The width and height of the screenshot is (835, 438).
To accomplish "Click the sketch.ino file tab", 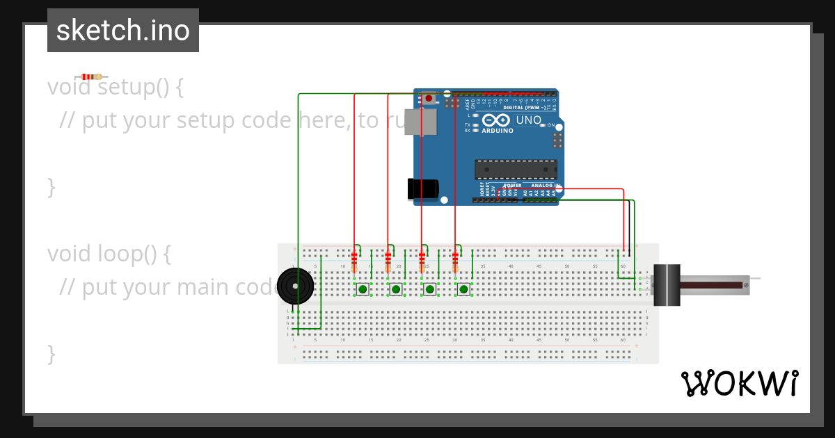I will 123,31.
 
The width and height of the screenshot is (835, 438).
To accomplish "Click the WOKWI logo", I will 739,383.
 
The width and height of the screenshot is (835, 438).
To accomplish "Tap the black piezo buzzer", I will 295,286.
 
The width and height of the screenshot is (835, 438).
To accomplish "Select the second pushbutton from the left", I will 395,289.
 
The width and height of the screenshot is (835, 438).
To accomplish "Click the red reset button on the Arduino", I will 429,99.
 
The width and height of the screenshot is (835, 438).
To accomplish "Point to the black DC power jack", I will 422,188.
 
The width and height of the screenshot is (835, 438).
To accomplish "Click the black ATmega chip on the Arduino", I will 516,169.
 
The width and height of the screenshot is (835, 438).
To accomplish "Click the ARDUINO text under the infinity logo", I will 498,131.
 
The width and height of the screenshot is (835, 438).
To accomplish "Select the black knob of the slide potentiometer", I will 669,284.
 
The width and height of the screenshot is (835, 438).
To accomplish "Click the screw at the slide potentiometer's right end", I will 746,285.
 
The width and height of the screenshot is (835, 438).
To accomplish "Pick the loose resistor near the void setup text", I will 91,76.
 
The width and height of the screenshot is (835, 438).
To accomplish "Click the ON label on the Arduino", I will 550,125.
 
